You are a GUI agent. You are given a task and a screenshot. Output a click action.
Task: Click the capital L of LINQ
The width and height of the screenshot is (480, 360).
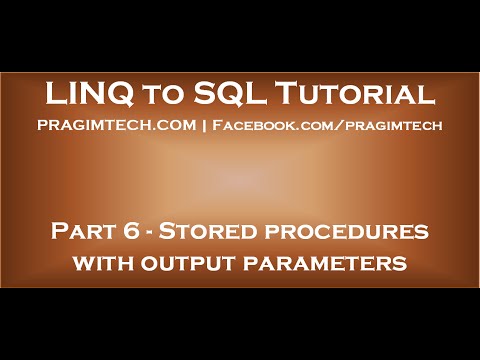pos(54,95)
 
